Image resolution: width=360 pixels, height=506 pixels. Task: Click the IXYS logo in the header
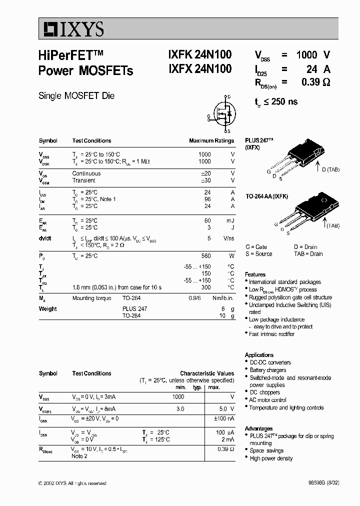coord(71,29)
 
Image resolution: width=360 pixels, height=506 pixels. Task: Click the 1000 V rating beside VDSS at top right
coord(312,55)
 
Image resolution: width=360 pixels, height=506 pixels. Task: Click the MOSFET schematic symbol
coord(222,113)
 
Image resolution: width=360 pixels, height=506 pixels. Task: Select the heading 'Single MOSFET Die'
coord(76,95)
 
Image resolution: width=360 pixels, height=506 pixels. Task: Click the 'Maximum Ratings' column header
coord(211,141)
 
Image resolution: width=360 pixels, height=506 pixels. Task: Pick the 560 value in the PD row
coord(205,256)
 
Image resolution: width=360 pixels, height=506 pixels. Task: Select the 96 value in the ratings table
coord(207,199)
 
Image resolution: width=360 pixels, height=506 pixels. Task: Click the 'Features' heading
coord(255,274)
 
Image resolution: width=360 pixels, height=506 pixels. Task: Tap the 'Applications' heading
coord(259,355)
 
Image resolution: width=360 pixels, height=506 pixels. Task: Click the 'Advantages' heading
coord(258,428)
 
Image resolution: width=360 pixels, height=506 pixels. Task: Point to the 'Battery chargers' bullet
coord(267,370)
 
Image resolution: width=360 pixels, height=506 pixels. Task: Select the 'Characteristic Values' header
coord(206,373)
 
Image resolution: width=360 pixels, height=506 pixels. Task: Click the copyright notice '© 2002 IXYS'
coord(72,483)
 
